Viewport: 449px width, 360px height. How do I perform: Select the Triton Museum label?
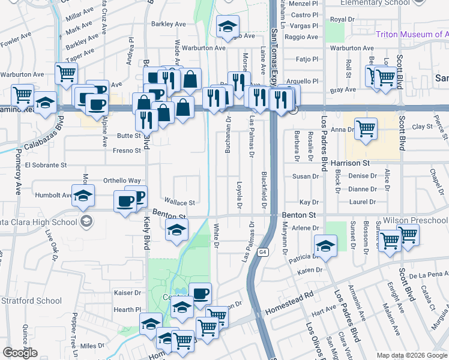pos(412,34)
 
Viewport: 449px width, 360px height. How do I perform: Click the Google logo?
pos(20,353)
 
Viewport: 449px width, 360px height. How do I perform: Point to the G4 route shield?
pos(263,253)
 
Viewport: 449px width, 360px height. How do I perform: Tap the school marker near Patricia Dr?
pos(325,246)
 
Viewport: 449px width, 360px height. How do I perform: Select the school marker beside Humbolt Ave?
pos(83,195)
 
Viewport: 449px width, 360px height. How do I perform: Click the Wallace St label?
pos(180,203)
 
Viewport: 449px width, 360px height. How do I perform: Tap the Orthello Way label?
pos(122,180)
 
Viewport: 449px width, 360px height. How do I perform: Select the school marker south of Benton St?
pos(176,230)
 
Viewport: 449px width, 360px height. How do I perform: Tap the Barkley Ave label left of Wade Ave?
pos(169,24)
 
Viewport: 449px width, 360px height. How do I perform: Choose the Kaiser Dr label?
pos(127,293)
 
